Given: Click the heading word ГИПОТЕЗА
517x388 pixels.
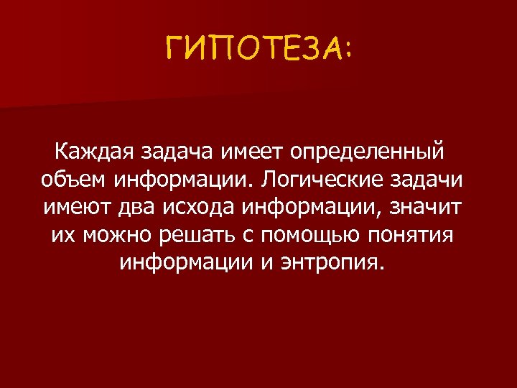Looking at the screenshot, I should tap(251, 51).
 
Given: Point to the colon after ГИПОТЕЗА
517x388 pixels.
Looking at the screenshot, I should tap(348, 51).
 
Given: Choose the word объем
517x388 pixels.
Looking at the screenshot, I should tap(69, 180).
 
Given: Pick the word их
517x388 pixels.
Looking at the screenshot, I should tap(63, 234).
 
